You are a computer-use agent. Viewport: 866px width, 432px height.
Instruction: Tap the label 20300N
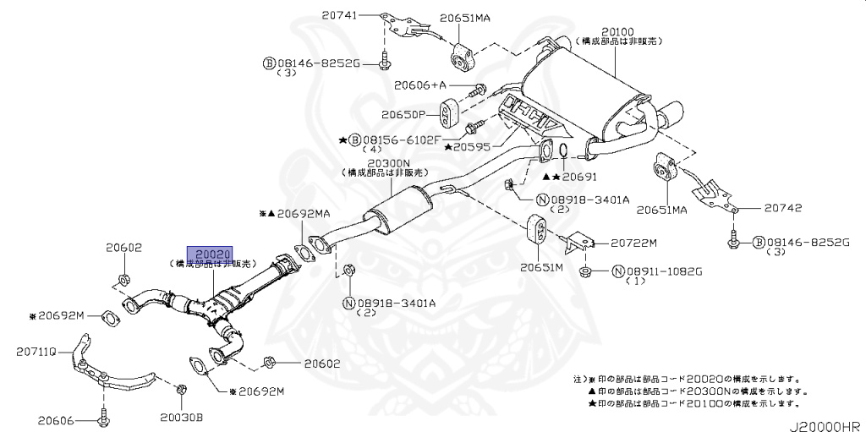click(x=388, y=163)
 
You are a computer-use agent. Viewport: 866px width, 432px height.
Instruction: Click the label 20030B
click(x=182, y=418)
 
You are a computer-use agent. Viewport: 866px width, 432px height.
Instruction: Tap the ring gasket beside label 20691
click(x=561, y=151)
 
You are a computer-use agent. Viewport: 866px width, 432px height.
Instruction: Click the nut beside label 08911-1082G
click(x=585, y=271)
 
